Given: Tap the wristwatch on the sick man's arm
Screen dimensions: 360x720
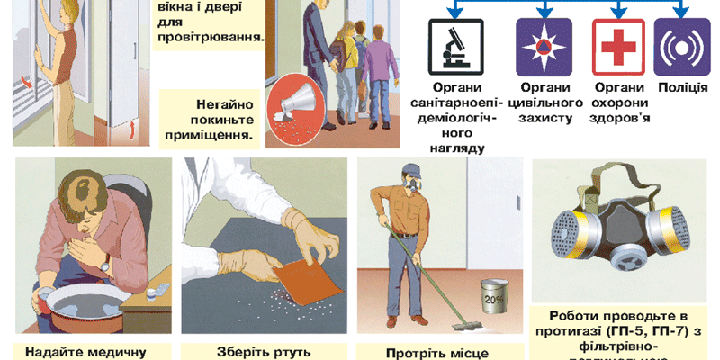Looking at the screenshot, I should tap(105, 262).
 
